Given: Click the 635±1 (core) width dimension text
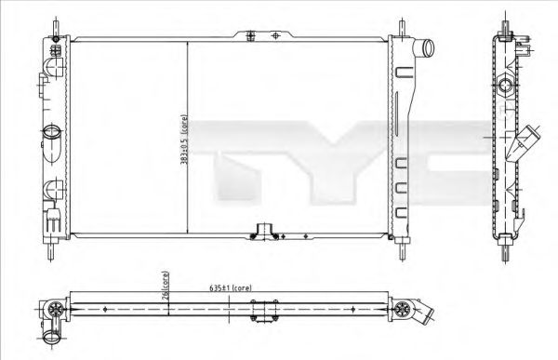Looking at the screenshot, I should (x=230, y=288).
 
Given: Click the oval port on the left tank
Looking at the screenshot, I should (x=50, y=134).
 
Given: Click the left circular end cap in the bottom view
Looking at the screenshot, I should (x=55, y=309).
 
